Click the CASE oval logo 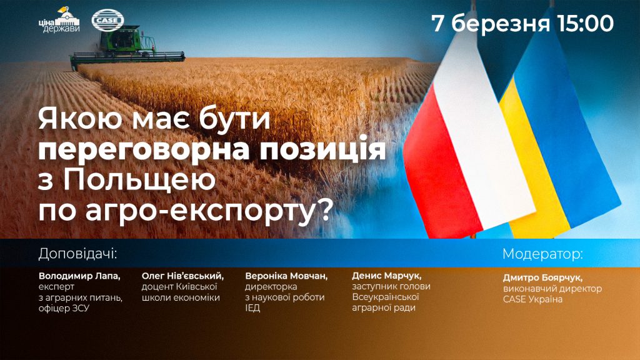coord(107,20)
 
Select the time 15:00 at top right coord(585,23)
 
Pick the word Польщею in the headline coord(139,181)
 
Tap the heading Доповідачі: coord(77,254)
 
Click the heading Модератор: coord(543,254)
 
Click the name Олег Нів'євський coord(182,276)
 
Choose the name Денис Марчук coord(386,276)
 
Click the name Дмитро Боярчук coord(542,278)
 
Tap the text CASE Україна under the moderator coord(532,299)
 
